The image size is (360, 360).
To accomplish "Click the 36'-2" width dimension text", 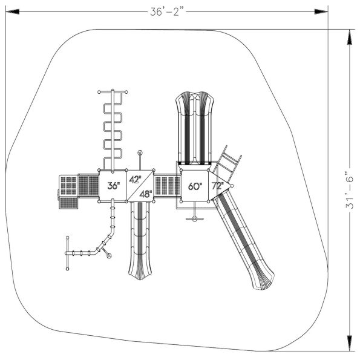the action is click(168, 11).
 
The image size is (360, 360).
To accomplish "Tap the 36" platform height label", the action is click(114, 186).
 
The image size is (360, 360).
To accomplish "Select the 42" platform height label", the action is click(136, 179).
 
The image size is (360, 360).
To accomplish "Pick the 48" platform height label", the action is click(146, 194).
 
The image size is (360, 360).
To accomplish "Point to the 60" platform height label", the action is click(195, 186).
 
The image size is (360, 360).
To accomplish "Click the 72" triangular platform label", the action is click(217, 186).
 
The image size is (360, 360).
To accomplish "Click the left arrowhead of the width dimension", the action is click(12, 11).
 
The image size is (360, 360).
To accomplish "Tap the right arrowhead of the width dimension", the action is click(321, 11).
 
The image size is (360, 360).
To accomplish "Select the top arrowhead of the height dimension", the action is click(349, 37).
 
